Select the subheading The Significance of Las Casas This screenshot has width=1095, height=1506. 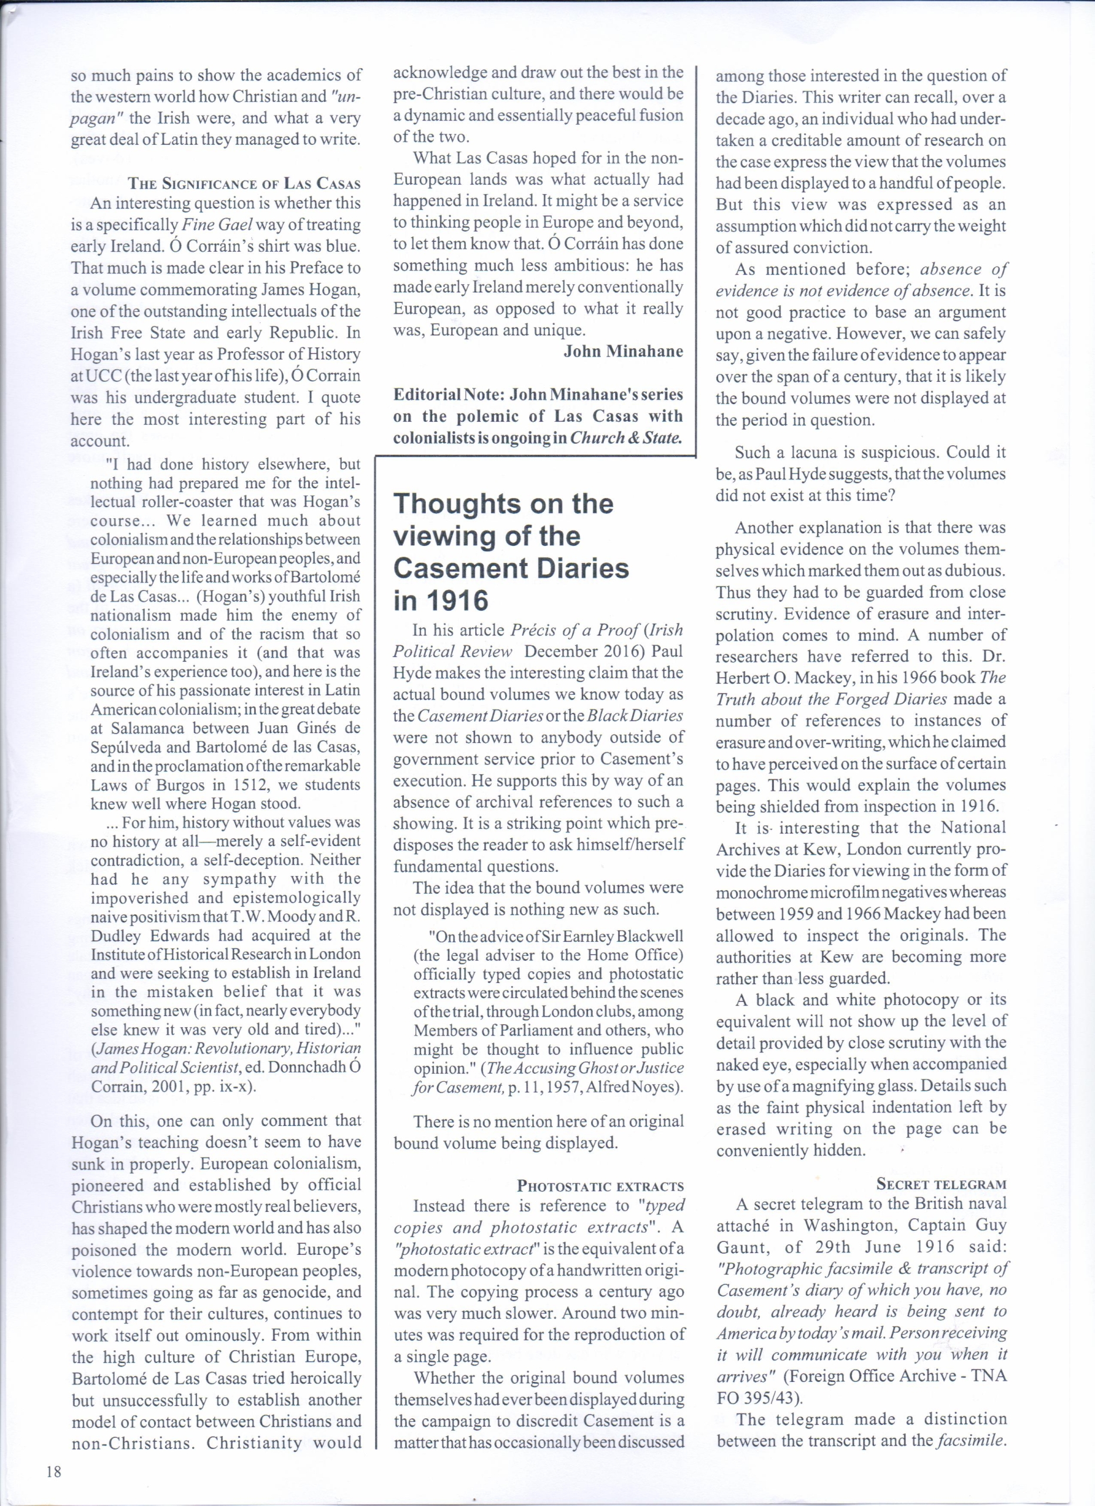[244, 184]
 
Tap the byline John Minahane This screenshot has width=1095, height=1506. [623, 351]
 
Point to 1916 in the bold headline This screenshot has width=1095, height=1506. [459, 601]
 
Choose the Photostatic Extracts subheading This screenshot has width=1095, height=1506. [600, 1187]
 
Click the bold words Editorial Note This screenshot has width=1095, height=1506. [448, 394]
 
